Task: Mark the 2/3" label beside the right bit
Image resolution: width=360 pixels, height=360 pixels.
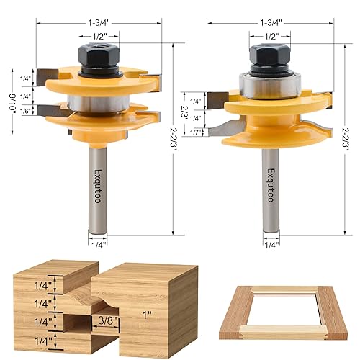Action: pos(184,112)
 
